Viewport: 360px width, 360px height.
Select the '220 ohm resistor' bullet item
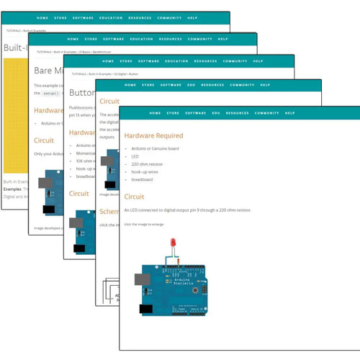(x=148, y=164)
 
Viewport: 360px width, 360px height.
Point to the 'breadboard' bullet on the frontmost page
(x=143, y=179)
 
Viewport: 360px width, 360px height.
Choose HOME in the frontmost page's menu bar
(x=156, y=113)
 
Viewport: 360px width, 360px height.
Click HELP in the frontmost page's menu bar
(x=289, y=113)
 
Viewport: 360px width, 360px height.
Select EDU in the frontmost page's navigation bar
(x=215, y=113)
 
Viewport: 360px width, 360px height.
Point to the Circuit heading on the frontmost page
(x=134, y=196)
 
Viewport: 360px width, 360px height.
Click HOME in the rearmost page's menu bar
(x=42, y=18)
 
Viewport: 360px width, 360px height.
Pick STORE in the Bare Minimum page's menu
(x=91, y=39)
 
